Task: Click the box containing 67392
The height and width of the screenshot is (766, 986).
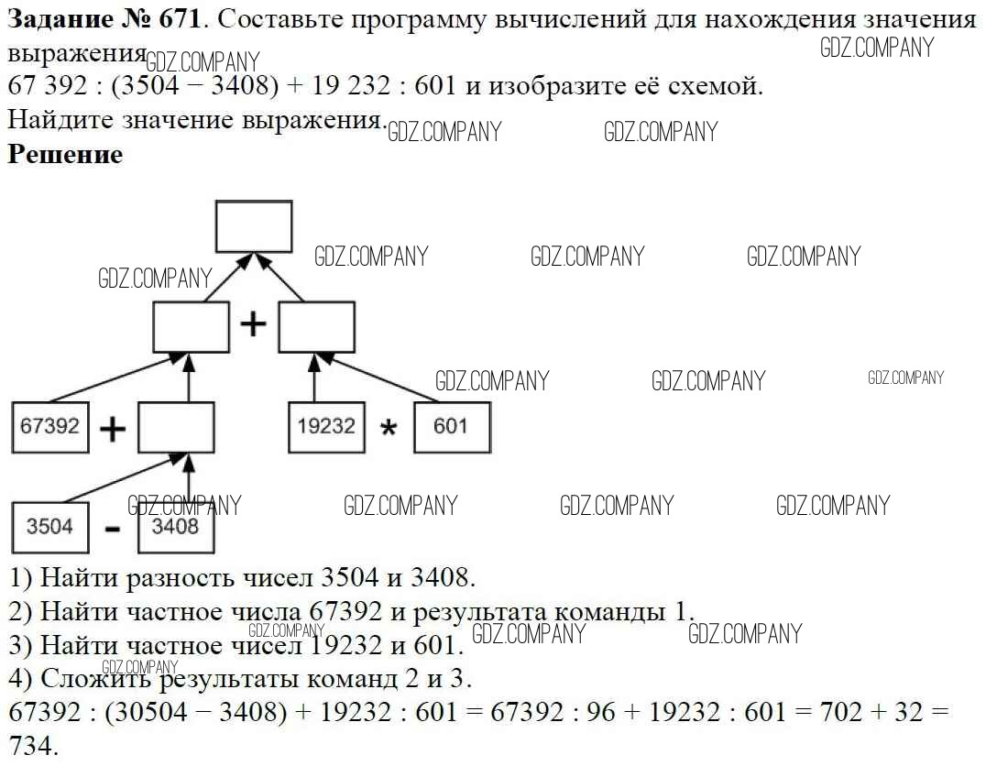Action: [50, 426]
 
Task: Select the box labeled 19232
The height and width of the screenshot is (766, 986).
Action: [326, 426]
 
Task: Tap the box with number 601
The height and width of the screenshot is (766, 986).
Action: [451, 426]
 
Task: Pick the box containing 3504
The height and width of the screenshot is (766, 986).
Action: [50, 527]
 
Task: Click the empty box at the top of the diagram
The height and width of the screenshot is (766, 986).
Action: [254, 226]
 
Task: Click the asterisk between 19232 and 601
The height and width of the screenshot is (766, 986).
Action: [389, 429]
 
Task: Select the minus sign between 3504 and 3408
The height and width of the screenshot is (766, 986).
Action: [113, 530]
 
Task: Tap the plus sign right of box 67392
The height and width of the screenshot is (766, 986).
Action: [113, 429]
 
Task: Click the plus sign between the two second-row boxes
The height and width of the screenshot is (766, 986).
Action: [253, 324]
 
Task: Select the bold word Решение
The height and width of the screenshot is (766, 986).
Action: [65, 154]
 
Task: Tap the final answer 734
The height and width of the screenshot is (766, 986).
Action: [32, 746]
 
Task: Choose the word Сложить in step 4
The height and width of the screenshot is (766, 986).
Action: [96, 679]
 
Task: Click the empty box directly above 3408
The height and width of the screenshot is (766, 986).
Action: [176, 427]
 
